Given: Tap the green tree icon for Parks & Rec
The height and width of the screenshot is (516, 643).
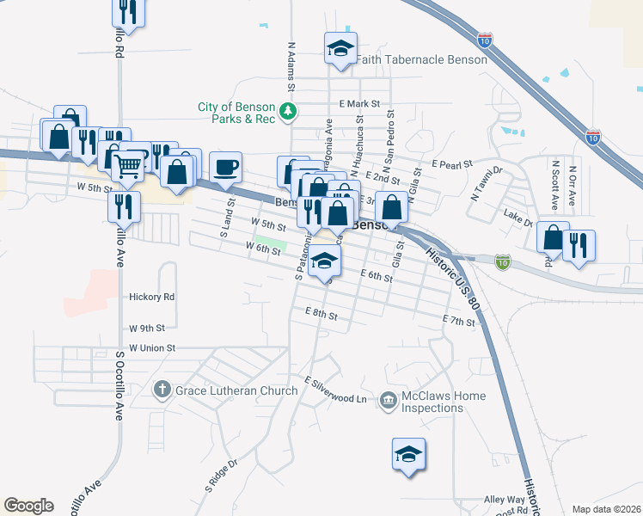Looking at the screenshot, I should [x=291, y=111].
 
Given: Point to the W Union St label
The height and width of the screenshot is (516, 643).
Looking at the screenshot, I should [x=152, y=348].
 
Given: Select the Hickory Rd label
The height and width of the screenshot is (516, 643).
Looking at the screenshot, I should [x=151, y=297].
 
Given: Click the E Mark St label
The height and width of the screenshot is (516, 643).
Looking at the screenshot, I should [x=359, y=104].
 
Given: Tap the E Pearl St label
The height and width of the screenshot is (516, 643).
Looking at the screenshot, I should [x=454, y=163].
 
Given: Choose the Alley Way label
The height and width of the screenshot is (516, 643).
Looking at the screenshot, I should [x=504, y=499].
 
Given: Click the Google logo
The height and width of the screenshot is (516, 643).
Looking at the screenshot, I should [x=28, y=505].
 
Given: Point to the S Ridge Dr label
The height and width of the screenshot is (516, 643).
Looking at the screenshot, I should [x=220, y=476].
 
